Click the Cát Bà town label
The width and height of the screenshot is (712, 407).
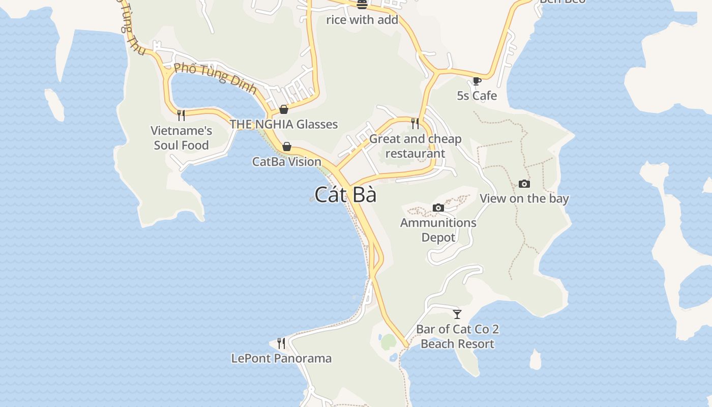click(345, 195)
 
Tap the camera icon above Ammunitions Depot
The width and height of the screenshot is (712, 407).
click(438, 208)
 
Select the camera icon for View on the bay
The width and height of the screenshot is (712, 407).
click(524, 184)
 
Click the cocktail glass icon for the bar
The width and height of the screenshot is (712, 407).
click(457, 314)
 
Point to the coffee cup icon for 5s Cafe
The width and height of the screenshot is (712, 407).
click(477, 81)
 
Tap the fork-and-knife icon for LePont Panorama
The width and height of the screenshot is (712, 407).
click(281, 343)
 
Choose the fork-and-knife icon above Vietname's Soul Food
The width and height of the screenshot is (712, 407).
click(181, 115)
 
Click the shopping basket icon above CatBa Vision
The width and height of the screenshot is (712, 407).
click(287, 147)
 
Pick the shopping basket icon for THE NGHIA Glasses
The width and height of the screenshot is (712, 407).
click(284, 109)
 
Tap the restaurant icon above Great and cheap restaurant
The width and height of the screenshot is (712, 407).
click(415, 123)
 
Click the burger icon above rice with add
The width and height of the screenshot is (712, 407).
click(362, 5)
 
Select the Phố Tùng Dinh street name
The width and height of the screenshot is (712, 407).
click(215, 78)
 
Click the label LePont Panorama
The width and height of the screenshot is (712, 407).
click(281, 358)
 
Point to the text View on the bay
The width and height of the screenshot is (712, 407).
click(524, 198)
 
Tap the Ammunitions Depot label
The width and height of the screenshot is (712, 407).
click(438, 230)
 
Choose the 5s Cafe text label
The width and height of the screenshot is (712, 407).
click(477, 96)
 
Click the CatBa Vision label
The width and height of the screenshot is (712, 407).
click(287, 162)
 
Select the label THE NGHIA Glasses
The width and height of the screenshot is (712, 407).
click(283, 124)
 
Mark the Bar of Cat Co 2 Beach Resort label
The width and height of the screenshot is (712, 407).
click(457, 336)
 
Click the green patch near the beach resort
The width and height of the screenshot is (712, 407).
click(389, 342)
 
